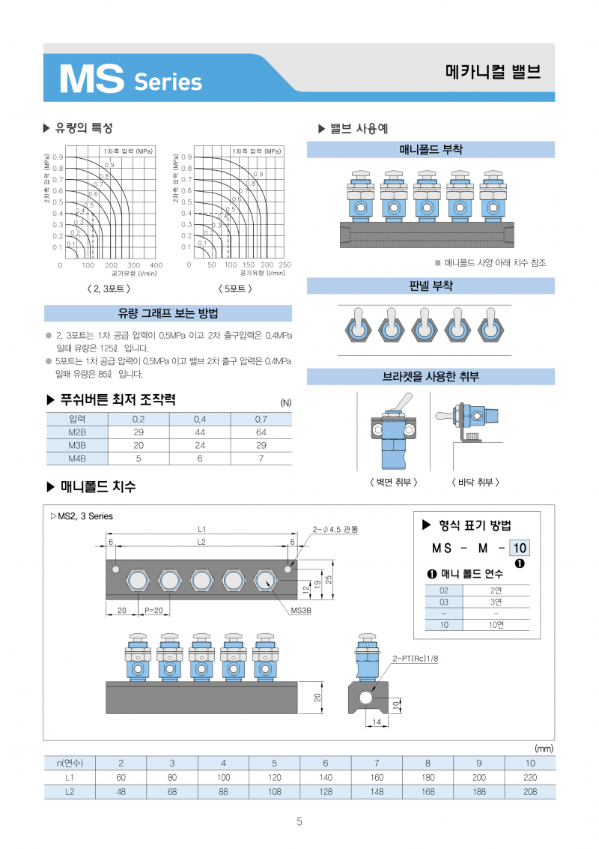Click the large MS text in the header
pyautogui.click(x=91, y=78)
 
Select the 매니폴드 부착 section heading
pyautogui.click(x=431, y=150)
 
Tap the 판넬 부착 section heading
pyautogui.click(x=431, y=286)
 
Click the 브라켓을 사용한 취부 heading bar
pyautogui.click(x=431, y=376)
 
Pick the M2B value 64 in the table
pyautogui.click(x=261, y=432)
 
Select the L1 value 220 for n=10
pyautogui.click(x=530, y=778)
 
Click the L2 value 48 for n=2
pyautogui.click(x=121, y=791)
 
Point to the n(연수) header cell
pyautogui.click(x=70, y=764)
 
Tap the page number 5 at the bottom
pyautogui.click(x=299, y=822)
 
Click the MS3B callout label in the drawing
pyautogui.click(x=300, y=611)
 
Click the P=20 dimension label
pyautogui.click(x=153, y=610)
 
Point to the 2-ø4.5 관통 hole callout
pyautogui.click(x=335, y=530)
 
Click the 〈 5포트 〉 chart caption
pyautogui.click(x=234, y=288)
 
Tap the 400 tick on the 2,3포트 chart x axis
pyautogui.click(x=156, y=265)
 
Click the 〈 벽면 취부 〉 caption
pyautogui.click(x=394, y=483)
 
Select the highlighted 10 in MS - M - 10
pyautogui.click(x=519, y=548)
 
